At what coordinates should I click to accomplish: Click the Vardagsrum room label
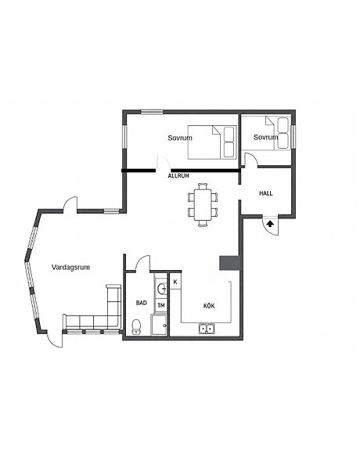(70, 267)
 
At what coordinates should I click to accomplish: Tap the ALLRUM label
(178, 176)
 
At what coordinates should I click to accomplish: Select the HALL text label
(266, 193)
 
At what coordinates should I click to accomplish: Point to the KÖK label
(209, 306)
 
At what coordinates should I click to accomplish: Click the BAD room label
(141, 303)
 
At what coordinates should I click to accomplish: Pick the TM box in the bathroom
(161, 306)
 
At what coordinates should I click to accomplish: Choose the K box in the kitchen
(175, 282)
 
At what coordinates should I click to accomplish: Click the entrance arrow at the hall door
(270, 224)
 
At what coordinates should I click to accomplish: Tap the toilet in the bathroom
(136, 327)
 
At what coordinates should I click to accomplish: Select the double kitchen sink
(207, 328)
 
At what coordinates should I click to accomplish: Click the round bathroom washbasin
(163, 288)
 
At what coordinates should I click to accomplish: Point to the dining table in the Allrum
(203, 204)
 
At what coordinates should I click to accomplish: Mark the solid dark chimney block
(229, 263)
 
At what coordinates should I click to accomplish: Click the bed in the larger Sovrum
(212, 142)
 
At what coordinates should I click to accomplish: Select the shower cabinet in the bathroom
(159, 325)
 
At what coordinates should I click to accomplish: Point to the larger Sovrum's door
(163, 163)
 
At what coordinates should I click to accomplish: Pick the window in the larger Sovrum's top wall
(152, 112)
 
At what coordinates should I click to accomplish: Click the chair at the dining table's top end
(203, 185)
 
